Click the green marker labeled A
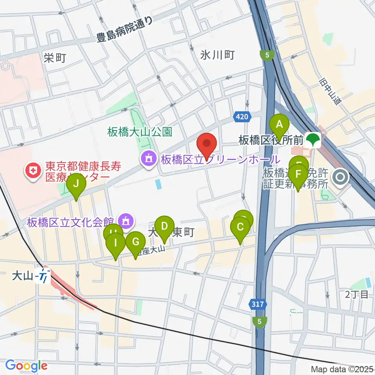click(279, 125)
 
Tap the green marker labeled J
click(76, 184)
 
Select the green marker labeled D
click(164, 227)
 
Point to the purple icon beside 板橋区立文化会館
click(125, 221)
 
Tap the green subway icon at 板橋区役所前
click(313, 140)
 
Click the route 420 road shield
click(242, 116)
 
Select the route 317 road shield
click(257, 304)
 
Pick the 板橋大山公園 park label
click(139, 132)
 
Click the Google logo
click(26, 366)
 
